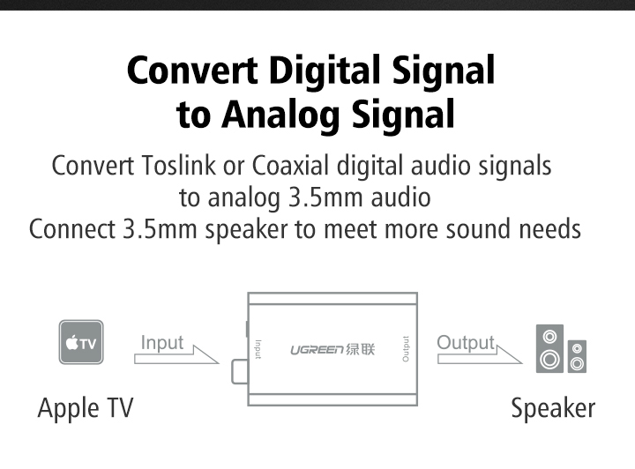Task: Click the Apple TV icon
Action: point(81,342)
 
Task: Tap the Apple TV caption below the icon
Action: point(86,409)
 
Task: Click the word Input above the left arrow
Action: point(162,343)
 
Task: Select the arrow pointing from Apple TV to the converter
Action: point(176,355)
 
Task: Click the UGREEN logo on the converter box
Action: point(332,349)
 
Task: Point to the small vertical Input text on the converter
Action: point(258,349)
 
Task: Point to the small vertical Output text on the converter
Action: point(406,349)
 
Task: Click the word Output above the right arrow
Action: point(466,343)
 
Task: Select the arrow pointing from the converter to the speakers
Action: point(480,355)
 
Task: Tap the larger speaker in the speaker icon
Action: point(549,348)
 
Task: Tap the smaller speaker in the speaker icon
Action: point(577,356)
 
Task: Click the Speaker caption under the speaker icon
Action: point(553,408)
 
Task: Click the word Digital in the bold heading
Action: point(325,71)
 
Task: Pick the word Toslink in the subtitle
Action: point(178,166)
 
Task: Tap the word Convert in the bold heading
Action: point(192,71)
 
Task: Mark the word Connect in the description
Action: point(72,229)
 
